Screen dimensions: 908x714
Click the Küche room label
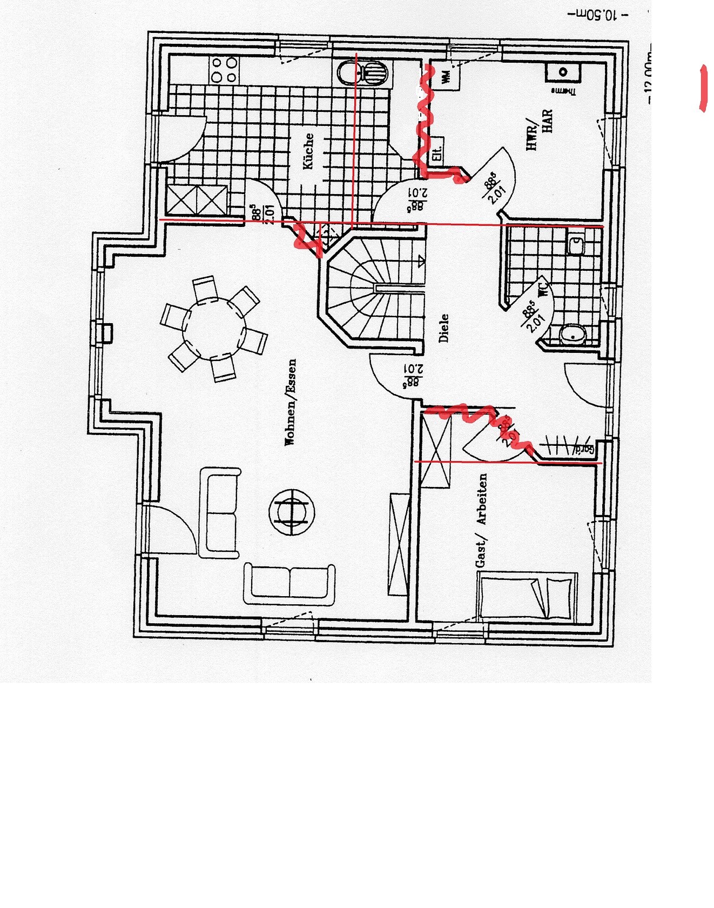(x=308, y=151)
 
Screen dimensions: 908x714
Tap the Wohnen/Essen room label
(x=291, y=402)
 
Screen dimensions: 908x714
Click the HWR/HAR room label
(x=540, y=130)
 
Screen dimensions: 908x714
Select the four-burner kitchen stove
(x=224, y=70)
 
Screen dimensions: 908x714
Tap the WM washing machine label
(x=446, y=77)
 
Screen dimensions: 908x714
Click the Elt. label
(x=437, y=152)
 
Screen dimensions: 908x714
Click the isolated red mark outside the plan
(x=703, y=88)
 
